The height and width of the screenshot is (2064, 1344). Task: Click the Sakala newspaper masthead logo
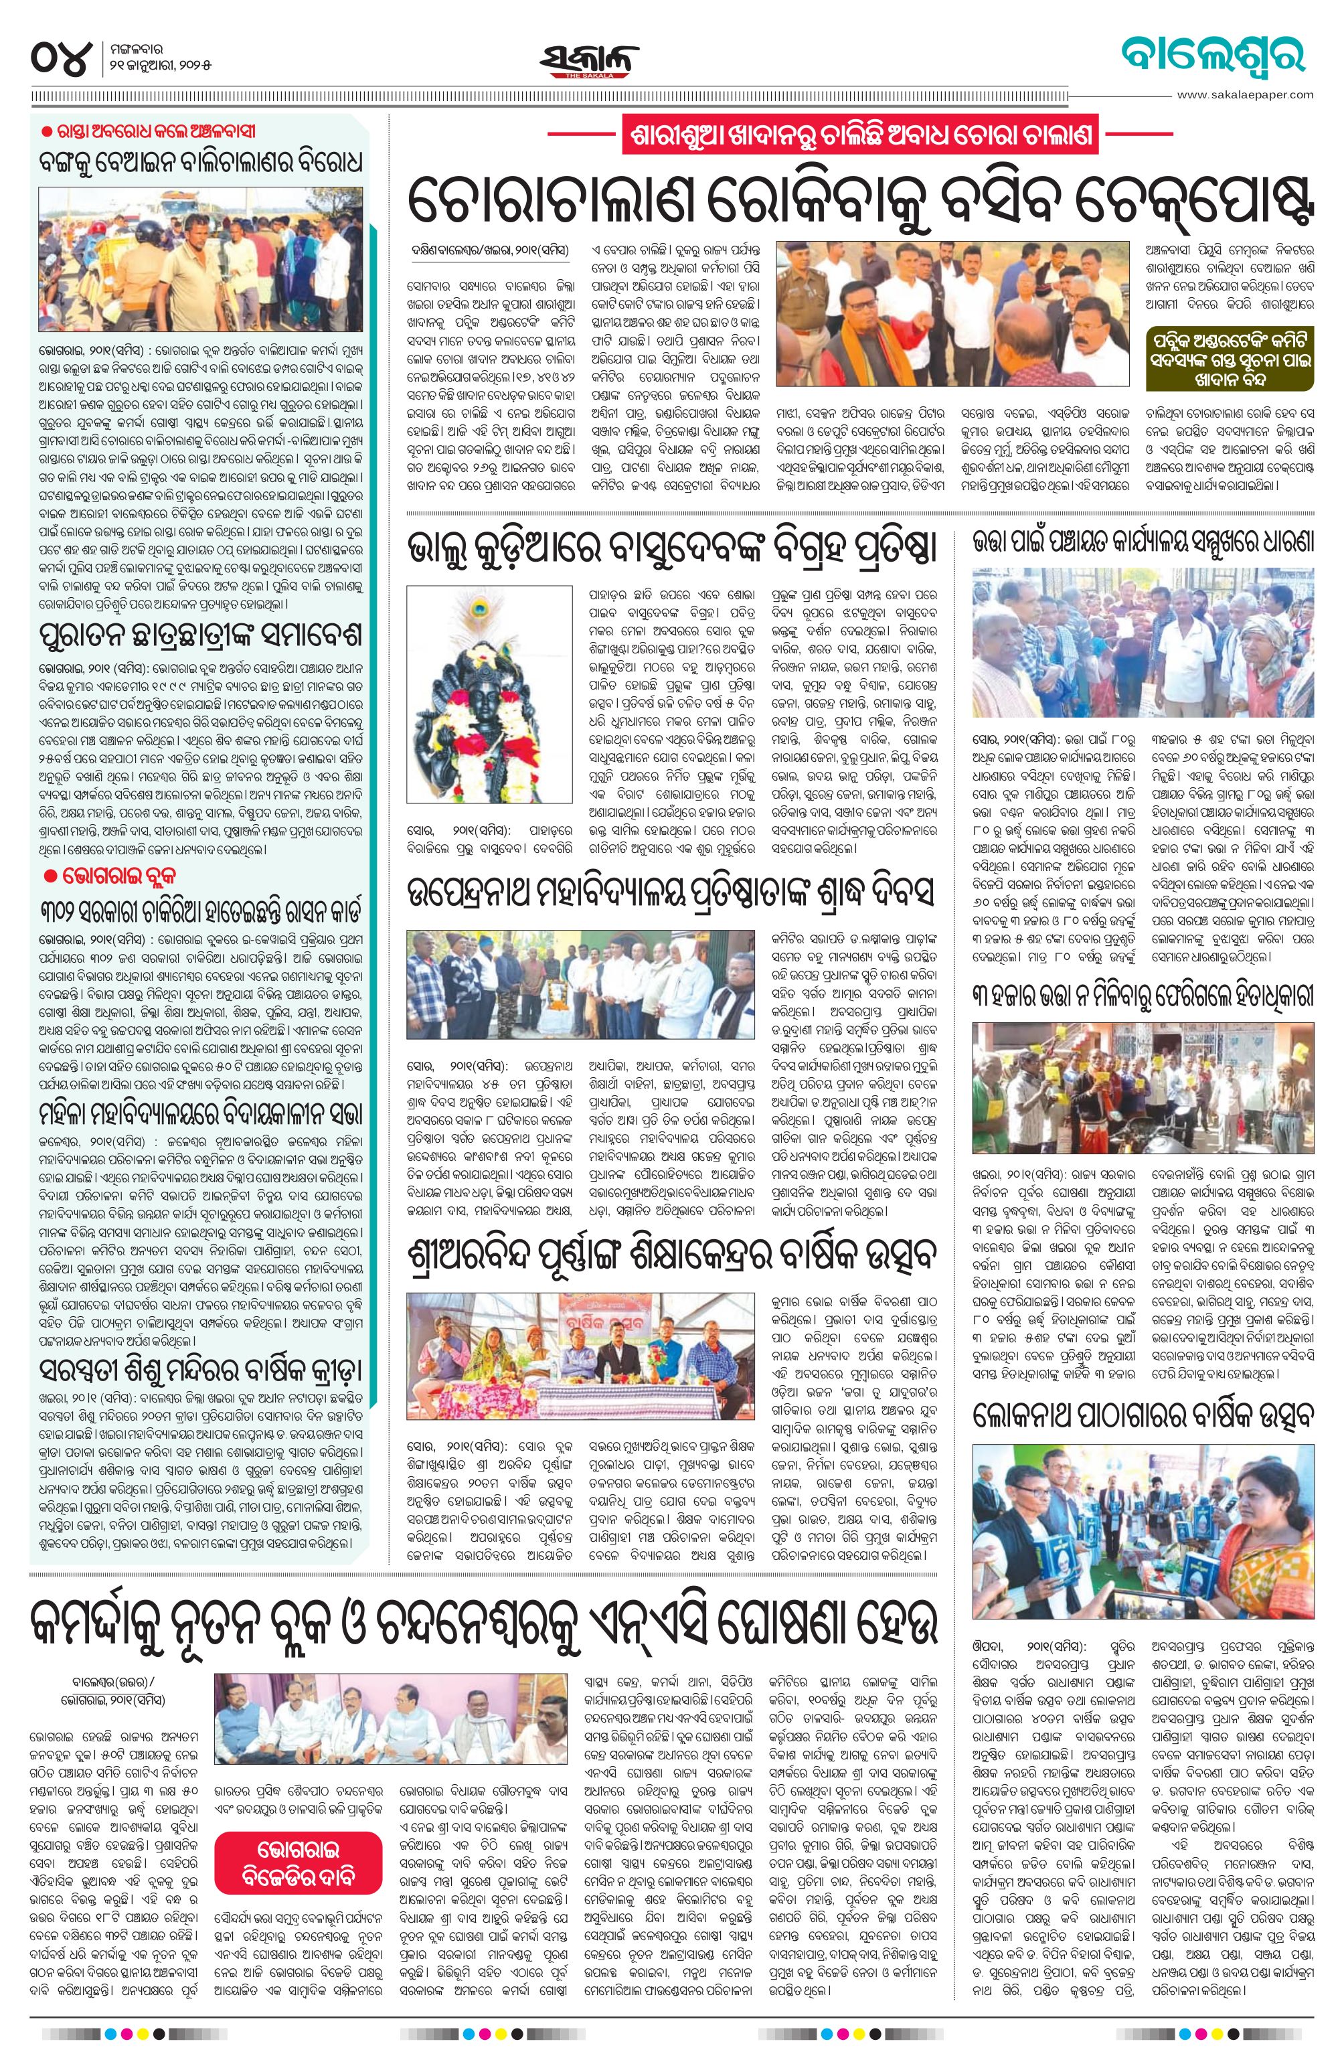coord(583,58)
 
